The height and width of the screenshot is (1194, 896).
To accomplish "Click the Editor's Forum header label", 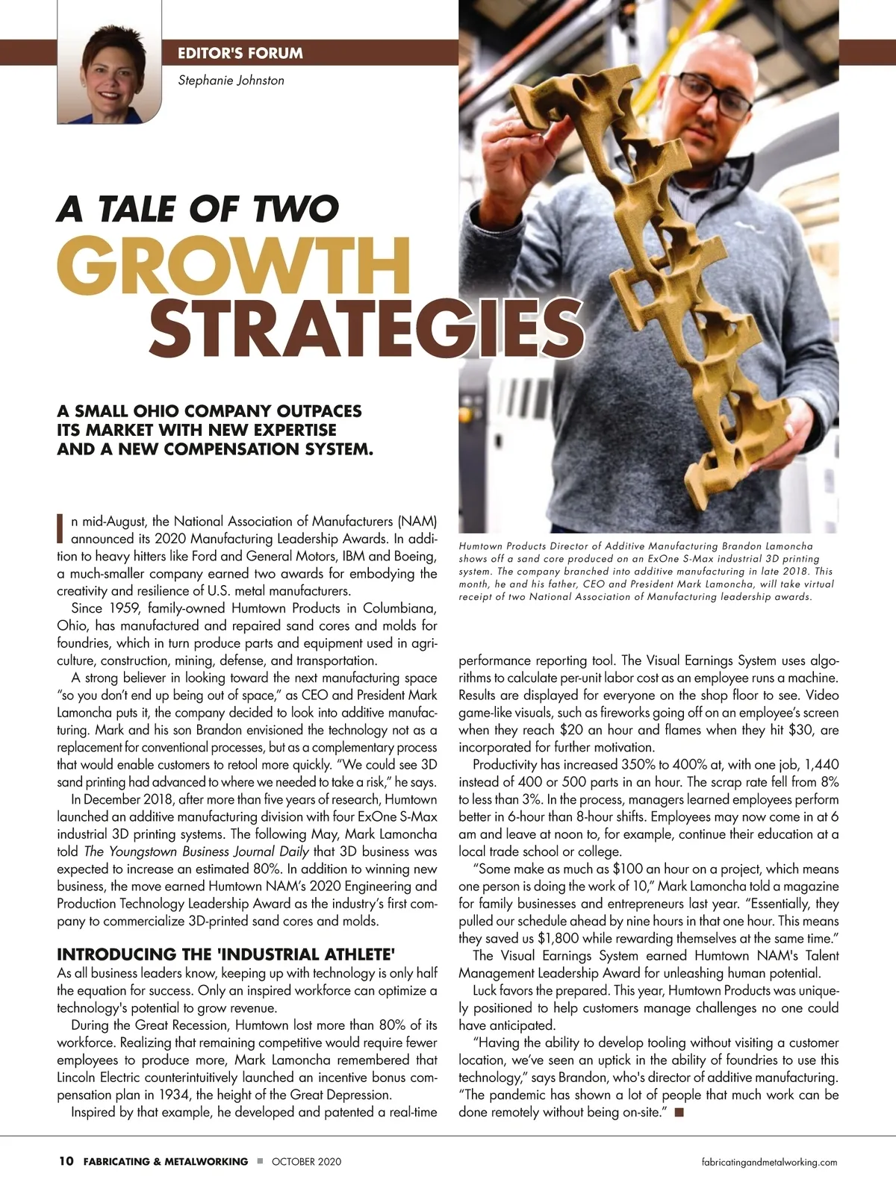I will [240, 53].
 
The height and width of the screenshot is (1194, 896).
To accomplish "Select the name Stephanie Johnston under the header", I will [231, 80].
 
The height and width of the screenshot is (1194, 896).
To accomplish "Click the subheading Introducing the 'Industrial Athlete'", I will [226, 954].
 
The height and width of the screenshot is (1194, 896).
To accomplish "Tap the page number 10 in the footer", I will [66, 1161].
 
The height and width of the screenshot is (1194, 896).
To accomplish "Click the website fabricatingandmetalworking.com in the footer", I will [770, 1162].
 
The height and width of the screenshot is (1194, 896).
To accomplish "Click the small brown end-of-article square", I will [679, 1113].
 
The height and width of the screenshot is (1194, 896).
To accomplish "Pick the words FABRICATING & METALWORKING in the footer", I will [166, 1162].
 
